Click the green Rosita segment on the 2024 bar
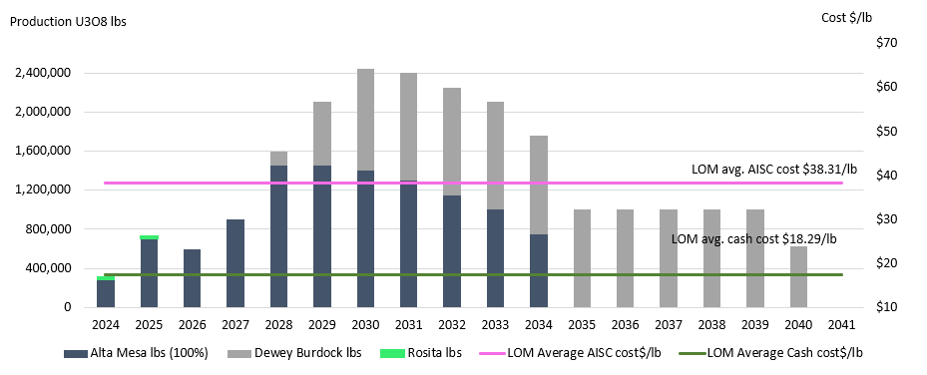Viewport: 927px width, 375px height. [105, 277]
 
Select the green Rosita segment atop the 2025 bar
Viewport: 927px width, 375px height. [149, 237]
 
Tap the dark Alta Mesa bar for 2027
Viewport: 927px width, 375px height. [235, 263]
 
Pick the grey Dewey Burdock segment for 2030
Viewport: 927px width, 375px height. [365, 120]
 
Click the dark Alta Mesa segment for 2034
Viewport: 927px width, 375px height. [539, 270]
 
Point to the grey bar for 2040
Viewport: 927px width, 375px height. [798, 277]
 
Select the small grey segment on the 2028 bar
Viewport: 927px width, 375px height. [279, 159]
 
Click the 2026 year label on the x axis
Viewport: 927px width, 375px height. [193, 325]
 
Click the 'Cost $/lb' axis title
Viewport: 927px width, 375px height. [846, 18]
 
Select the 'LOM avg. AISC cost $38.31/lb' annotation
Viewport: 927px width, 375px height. [774, 170]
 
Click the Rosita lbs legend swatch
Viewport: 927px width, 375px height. [397, 353]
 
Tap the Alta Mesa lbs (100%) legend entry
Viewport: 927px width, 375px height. [135, 353]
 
